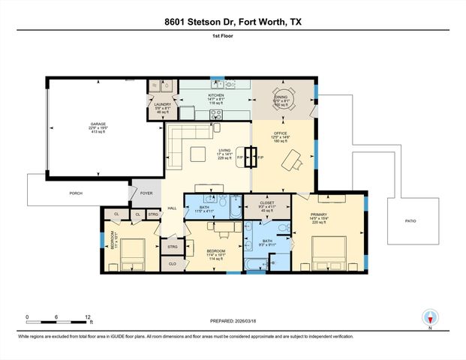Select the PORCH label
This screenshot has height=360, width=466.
pyautogui.click(x=75, y=193)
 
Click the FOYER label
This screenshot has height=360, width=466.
pyautogui.click(x=146, y=193)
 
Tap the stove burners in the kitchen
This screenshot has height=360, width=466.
pyautogui.click(x=217, y=115)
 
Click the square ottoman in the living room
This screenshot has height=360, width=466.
pyautogui.click(x=198, y=155)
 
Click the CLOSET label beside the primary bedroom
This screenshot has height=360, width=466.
pyautogui.click(x=267, y=203)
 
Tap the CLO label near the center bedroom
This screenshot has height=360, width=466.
pyautogui.click(x=172, y=264)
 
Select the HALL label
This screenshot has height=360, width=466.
pyautogui.click(x=172, y=208)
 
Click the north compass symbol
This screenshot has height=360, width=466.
pyautogui.click(x=430, y=318)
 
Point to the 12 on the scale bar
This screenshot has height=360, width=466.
pyautogui.click(x=89, y=317)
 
